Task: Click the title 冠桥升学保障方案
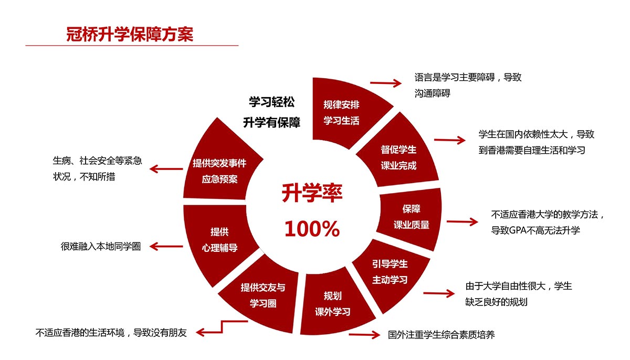130,35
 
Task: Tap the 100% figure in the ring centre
312,229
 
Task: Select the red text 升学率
312,193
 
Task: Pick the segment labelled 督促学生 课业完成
400,155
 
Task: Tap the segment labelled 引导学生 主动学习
391,274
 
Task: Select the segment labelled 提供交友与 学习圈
261,295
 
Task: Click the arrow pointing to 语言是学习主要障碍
385,83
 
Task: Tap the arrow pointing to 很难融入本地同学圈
166,247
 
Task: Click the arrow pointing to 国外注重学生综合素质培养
364,335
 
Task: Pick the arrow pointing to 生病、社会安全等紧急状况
166,169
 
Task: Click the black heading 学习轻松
272,102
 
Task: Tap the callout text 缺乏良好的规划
497,302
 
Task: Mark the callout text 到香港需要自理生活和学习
532,150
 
